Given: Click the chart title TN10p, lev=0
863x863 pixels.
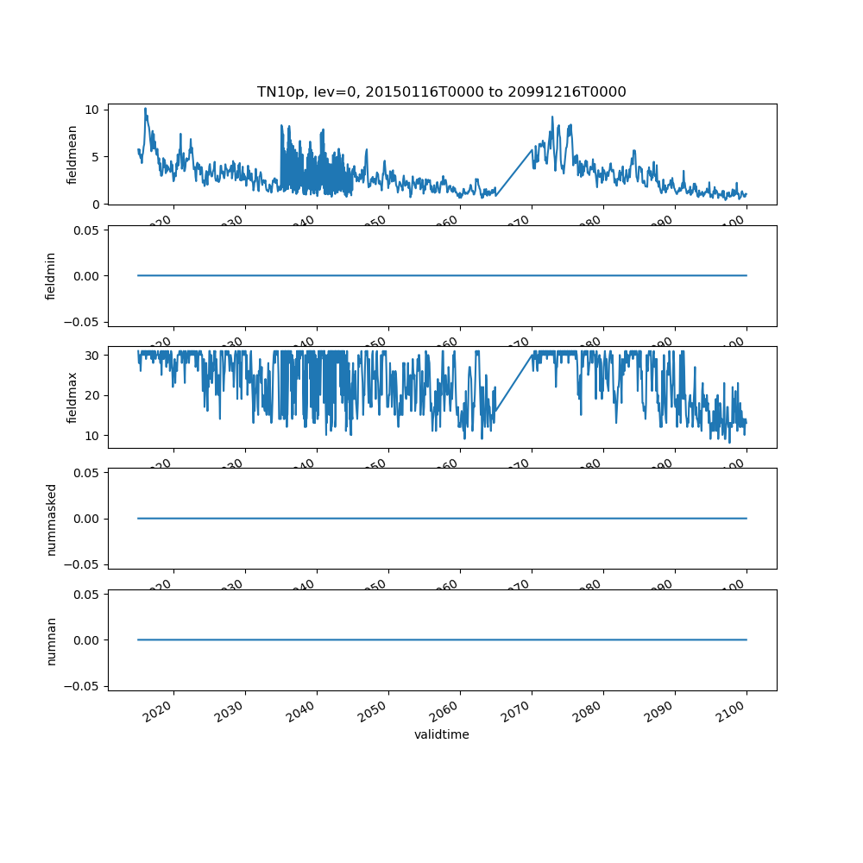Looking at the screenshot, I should pyautogui.click(x=441, y=91).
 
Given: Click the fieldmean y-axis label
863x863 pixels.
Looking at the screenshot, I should pyautogui.click(x=72, y=154).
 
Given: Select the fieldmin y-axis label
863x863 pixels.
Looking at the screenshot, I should pyautogui.click(x=51, y=276).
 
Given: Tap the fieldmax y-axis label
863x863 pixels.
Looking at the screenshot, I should pyautogui.click(x=72, y=397).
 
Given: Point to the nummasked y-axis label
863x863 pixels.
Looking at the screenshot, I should pyautogui.click(x=51, y=519).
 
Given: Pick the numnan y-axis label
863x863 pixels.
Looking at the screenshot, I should pyautogui.click(x=51, y=640).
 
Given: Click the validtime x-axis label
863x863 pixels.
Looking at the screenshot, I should pyautogui.click(x=441, y=735).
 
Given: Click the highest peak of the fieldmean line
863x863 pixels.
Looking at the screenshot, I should pyautogui.click(x=145, y=109).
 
